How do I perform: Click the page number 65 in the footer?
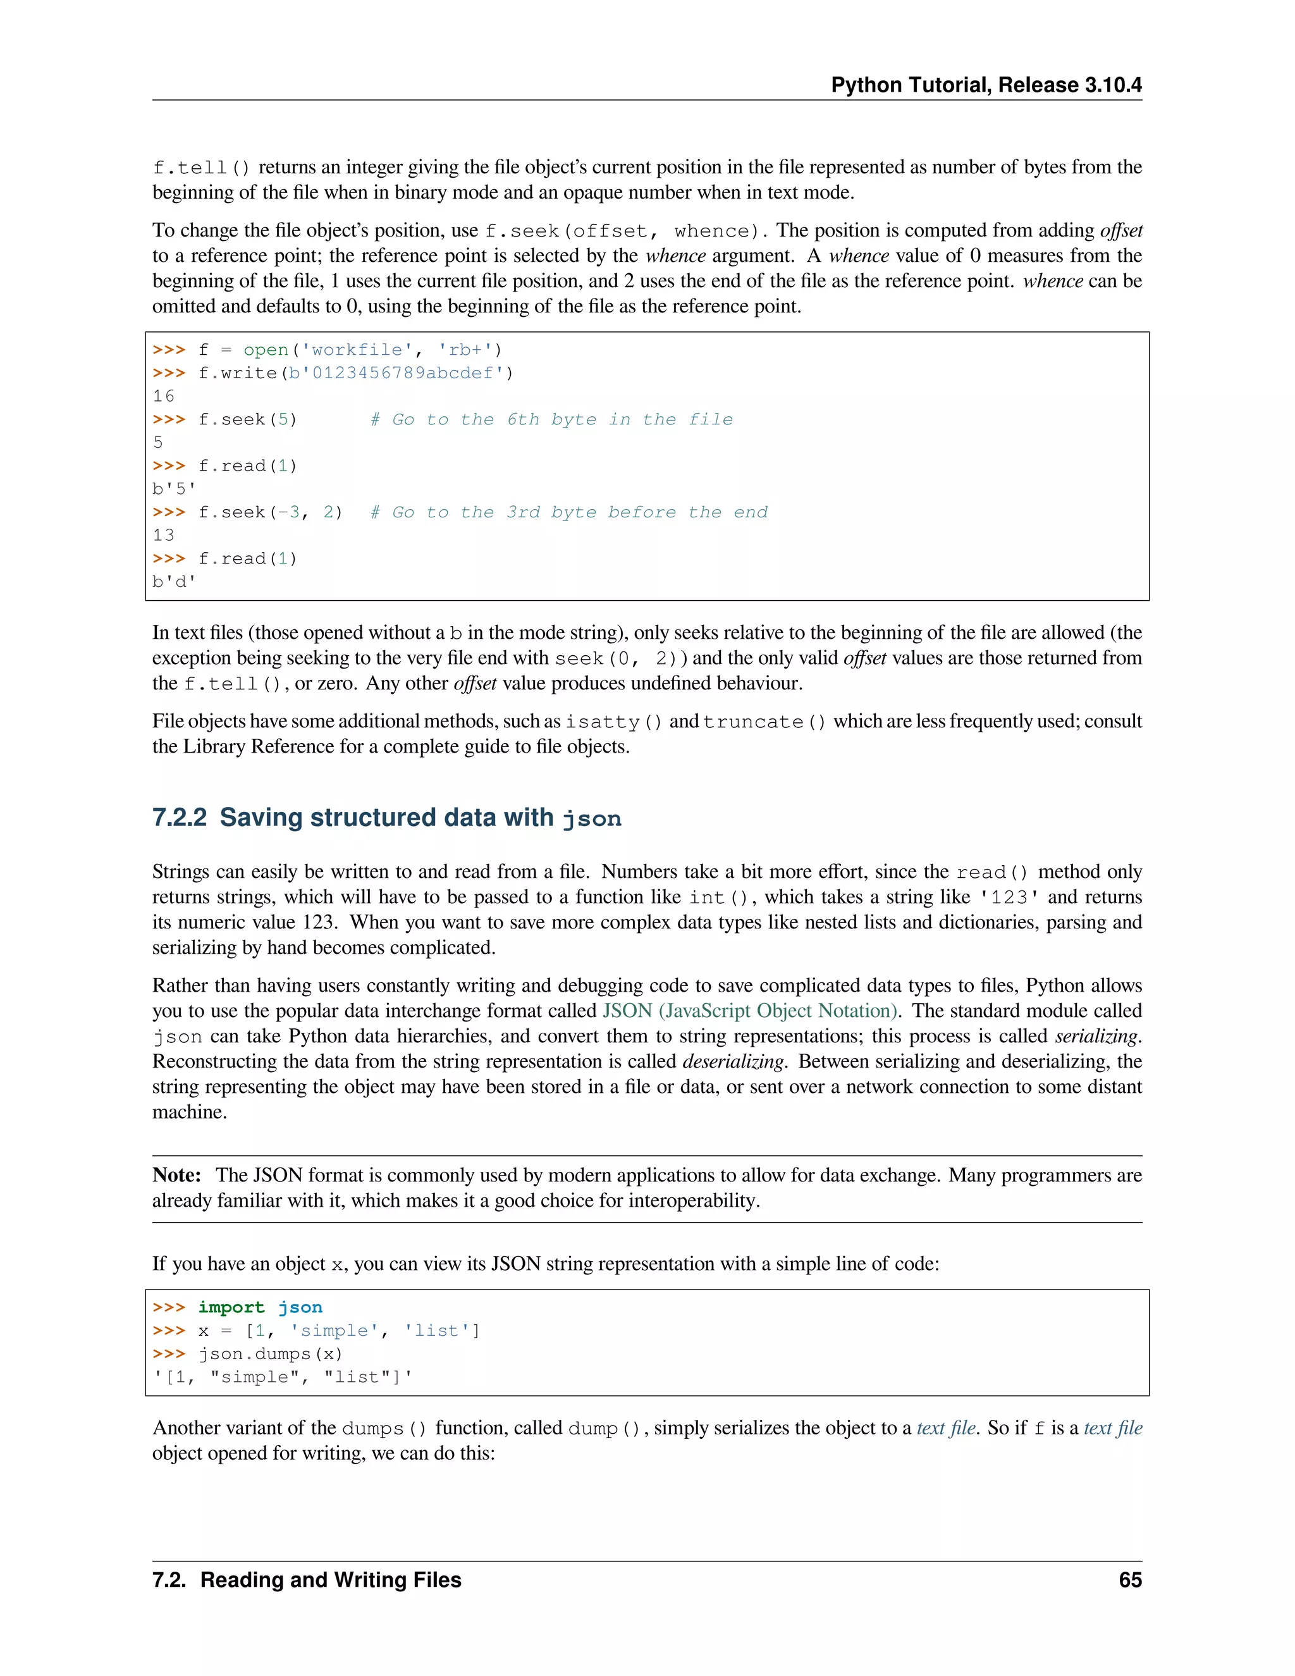point(1129,1580)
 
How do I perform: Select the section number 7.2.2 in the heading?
point(180,817)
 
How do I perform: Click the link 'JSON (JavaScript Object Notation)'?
point(749,1011)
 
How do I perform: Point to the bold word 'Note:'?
point(176,1175)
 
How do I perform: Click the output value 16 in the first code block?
point(163,396)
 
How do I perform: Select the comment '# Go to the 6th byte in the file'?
point(551,420)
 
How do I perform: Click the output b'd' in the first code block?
point(174,582)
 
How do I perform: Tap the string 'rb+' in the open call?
point(464,350)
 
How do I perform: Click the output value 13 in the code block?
point(163,535)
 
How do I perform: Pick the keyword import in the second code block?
point(231,1307)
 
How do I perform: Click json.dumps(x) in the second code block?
point(270,1353)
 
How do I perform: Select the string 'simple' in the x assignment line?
point(334,1331)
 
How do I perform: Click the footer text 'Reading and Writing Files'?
point(331,1580)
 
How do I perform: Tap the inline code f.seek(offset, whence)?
point(625,231)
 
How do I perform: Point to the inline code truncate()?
point(764,722)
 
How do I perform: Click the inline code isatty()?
point(613,722)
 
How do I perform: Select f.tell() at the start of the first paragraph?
point(202,168)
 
